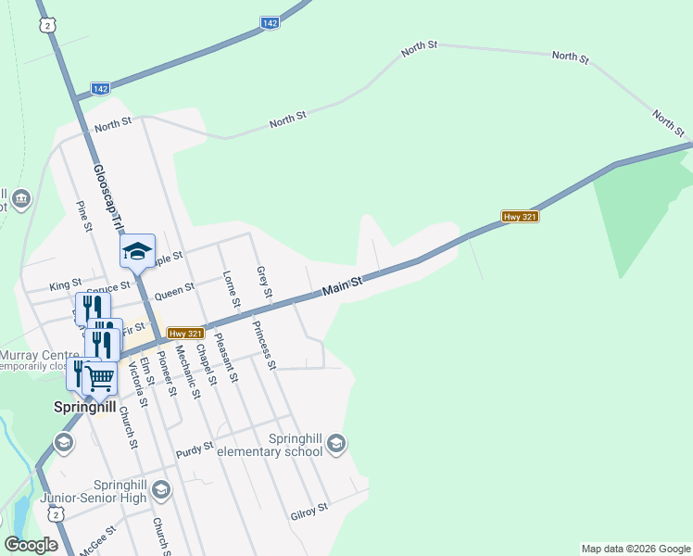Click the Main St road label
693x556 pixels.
(341, 290)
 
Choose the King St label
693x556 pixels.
(66, 282)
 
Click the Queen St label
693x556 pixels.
(174, 292)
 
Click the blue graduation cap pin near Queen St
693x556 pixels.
(137, 251)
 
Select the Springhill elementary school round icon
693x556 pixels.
(335, 444)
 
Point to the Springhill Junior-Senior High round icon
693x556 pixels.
(161, 489)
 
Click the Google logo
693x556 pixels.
(31, 545)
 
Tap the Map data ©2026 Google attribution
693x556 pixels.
(636, 549)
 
